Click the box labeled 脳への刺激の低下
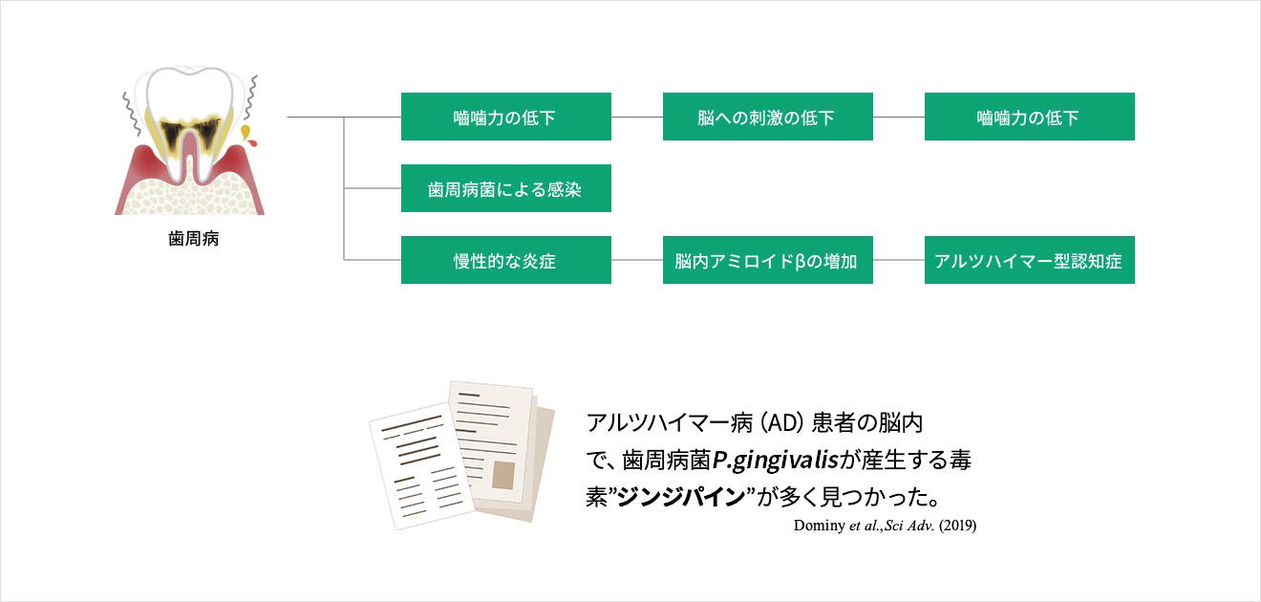[x=767, y=117]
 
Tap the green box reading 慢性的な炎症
[x=505, y=260]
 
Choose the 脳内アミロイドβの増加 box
[x=767, y=260]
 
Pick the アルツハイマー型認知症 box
[x=1029, y=260]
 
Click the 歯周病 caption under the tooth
[x=194, y=239]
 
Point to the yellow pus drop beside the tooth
[x=246, y=131]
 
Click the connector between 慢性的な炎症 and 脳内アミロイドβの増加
[x=637, y=260]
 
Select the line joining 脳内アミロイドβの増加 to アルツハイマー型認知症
[x=899, y=260]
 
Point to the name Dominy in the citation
[x=817, y=526]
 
